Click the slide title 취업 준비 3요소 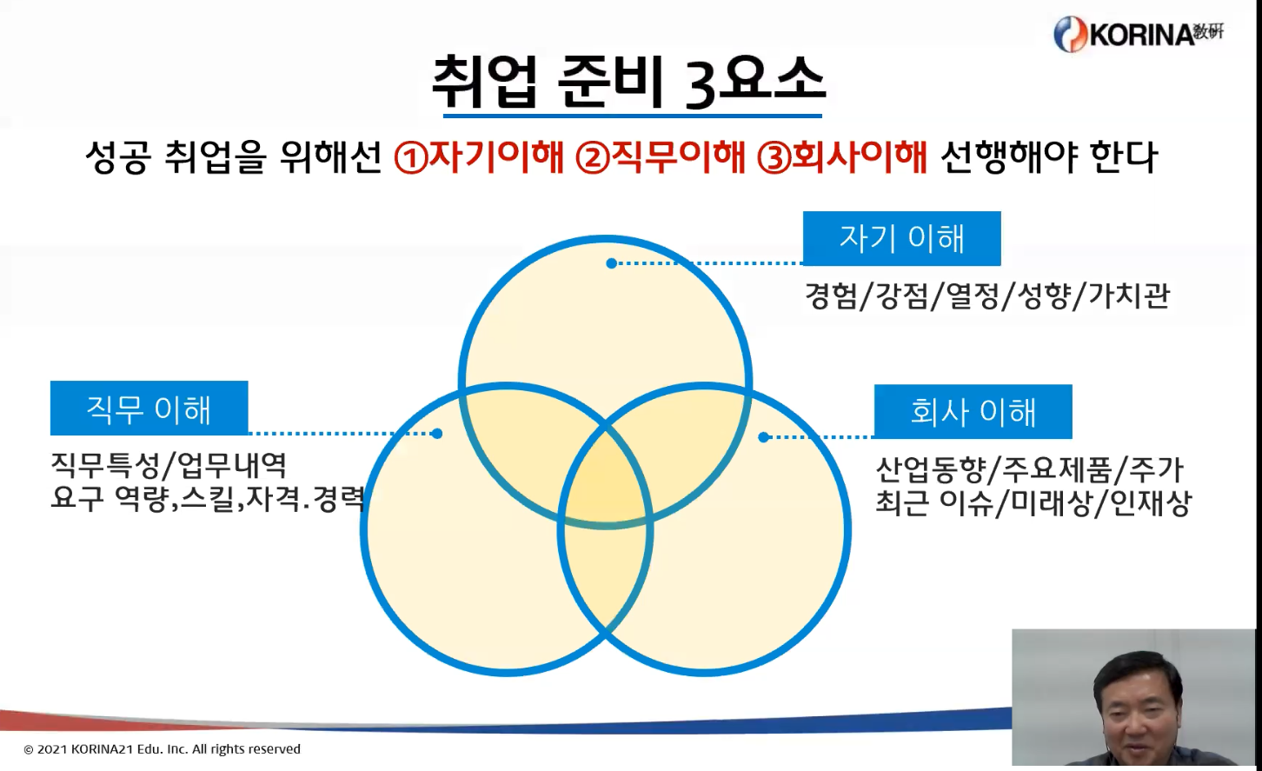(x=629, y=83)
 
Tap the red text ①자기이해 (x=479, y=156)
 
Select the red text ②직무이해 (x=661, y=156)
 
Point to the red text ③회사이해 (x=842, y=156)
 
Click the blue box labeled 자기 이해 (x=902, y=238)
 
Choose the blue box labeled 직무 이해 (x=149, y=408)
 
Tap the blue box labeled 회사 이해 (x=973, y=411)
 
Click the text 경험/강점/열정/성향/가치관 (x=987, y=296)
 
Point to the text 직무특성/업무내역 (x=169, y=466)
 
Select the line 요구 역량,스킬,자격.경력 (x=209, y=499)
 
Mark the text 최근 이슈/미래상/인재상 (x=1033, y=502)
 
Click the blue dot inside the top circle (x=611, y=263)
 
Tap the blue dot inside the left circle (x=437, y=434)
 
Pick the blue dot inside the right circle (x=763, y=437)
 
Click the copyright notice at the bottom (x=163, y=749)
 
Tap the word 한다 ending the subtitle (x=1124, y=156)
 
